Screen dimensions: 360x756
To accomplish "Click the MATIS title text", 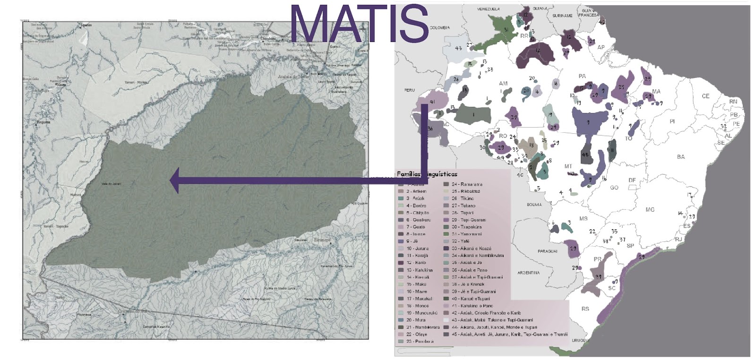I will (x=359, y=25).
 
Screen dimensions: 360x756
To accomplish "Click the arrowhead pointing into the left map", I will (x=175, y=180).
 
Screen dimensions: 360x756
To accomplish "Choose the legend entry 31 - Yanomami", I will (x=466, y=234).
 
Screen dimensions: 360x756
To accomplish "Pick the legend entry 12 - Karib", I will (x=416, y=262).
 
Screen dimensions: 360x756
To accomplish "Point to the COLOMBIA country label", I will (x=439, y=28).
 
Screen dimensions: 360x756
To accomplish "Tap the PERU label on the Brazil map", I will (x=409, y=90).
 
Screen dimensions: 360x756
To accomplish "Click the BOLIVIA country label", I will (x=534, y=205).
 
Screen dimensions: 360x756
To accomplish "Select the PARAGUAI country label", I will (x=547, y=251).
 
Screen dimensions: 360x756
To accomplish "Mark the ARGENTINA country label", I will (x=528, y=273).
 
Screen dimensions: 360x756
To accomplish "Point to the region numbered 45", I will (x=586, y=156).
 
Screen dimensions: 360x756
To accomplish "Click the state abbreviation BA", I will (x=680, y=157).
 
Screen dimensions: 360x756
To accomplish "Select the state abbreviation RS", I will (x=585, y=309).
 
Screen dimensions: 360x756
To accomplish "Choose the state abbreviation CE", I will (x=705, y=96).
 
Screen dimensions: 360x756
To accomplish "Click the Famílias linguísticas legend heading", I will (x=427, y=174).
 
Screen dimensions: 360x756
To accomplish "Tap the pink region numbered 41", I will (x=431, y=102).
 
